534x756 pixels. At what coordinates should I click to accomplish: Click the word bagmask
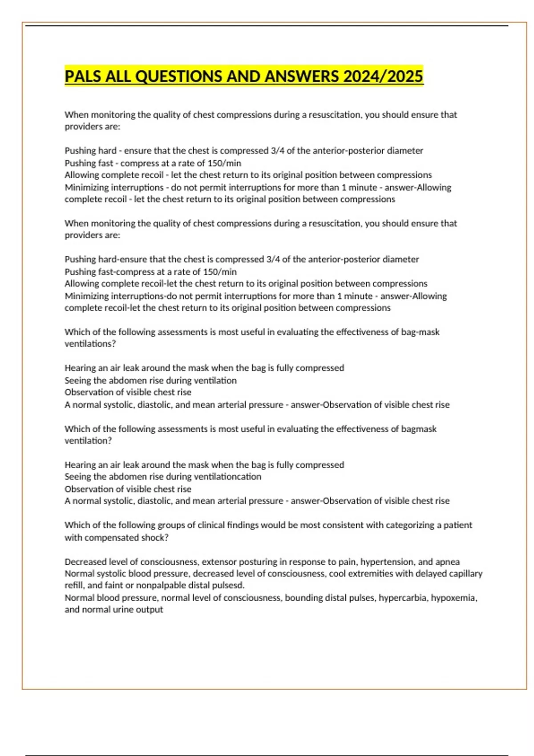pyautogui.click(x=419, y=429)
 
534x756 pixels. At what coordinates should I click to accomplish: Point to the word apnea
pyautogui.click(x=448, y=562)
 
